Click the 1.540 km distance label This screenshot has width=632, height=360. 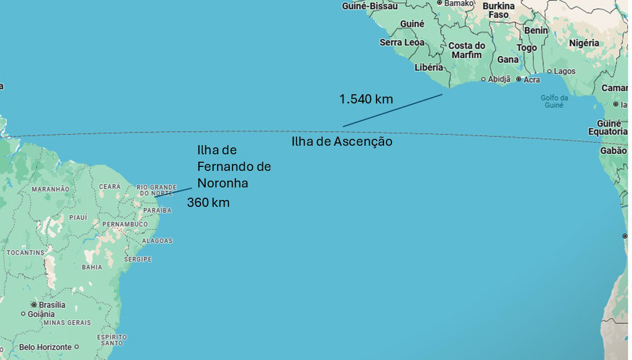[366, 99]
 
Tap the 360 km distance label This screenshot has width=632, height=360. [208, 202]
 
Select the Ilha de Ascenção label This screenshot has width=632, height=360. [342, 141]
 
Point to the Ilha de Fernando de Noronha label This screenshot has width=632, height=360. [234, 166]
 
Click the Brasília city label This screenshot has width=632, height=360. [51, 305]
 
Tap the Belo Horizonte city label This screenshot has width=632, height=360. [45, 347]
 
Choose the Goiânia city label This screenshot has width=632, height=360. [41, 314]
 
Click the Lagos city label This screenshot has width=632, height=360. [565, 71]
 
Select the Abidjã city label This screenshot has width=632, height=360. [499, 79]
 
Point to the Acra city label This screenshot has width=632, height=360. [531, 79]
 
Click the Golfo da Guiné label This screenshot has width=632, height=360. [554, 101]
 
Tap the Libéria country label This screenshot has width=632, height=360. [429, 67]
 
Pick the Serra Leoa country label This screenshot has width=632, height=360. [402, 42]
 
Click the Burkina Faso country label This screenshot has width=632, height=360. [498, 10]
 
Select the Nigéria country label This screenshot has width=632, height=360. [584, 43]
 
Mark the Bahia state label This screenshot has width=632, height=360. [92, 267]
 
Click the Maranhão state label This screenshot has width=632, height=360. [50, 189]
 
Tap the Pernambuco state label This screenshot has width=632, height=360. [125, 225]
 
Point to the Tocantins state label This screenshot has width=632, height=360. [25, 253]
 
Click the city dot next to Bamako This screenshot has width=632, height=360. [439, 3]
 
